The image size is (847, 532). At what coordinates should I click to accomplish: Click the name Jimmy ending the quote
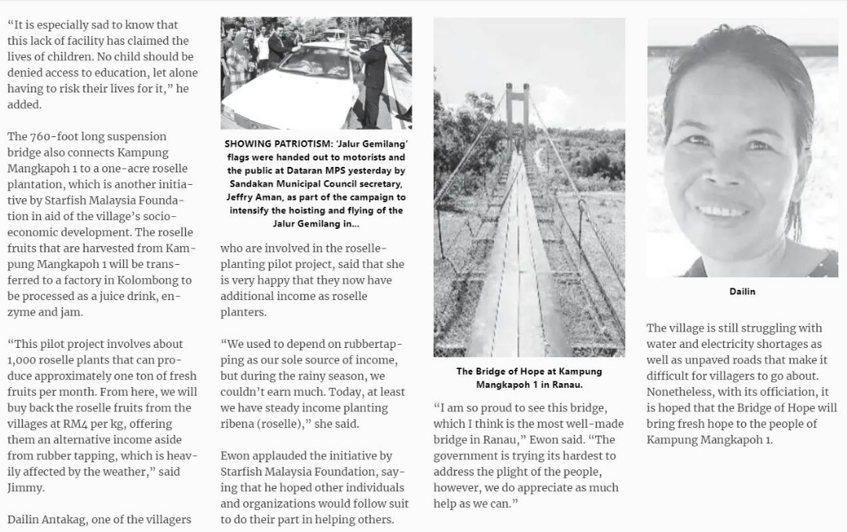point(24,487)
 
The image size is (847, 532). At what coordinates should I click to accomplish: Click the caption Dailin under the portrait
point(742,291)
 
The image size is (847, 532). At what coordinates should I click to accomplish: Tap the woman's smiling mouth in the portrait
point(720,212)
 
